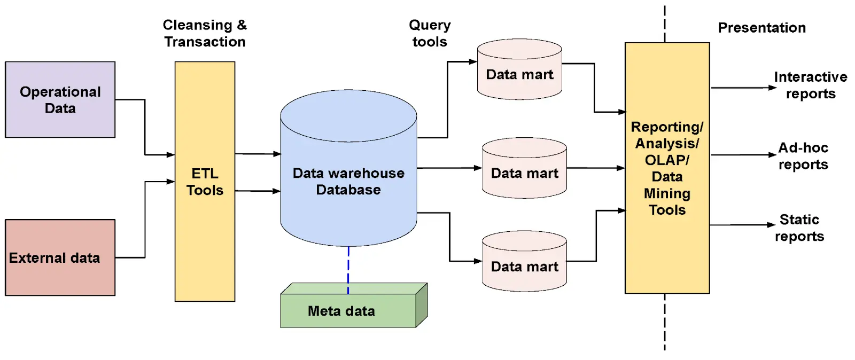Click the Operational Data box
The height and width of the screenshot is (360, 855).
[x=60, y=100]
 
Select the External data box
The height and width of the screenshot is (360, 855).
[x=60, y=257]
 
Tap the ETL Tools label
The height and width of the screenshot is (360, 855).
[x=205, y=182]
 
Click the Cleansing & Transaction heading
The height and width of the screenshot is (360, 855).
[x=205, y=33]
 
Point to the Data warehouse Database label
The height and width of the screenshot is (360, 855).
[x=348, y=181]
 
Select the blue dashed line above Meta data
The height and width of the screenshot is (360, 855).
[x=348, y=270]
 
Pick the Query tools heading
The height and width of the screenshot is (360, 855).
[x=430, y=33]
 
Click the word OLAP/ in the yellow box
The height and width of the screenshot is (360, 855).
[x=667, y=160]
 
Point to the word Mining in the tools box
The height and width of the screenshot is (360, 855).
[x=667, y=193]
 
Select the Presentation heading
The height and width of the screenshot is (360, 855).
[x=761, y=28]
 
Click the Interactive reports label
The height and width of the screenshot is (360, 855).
[x=810, y=85]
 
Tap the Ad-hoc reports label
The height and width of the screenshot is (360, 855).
[x=803, y=156]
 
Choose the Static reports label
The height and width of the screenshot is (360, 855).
[x=799, y=228]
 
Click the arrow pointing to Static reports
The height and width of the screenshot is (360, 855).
[x=743, y=225]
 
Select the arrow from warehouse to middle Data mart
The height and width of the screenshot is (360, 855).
[x=449, y=168]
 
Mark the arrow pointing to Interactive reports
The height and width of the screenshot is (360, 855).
[x=743, y=88]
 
